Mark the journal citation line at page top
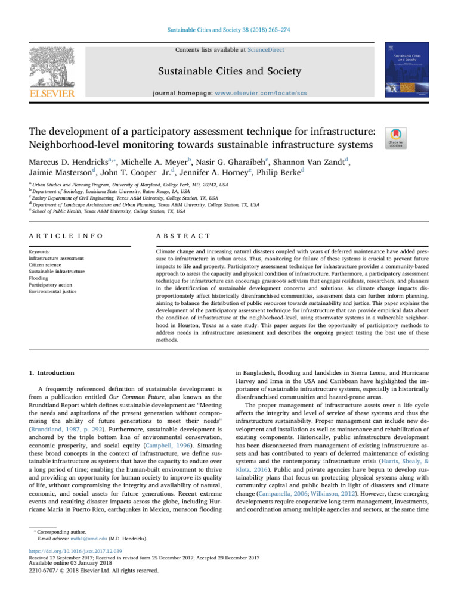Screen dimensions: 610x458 (228, 28)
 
